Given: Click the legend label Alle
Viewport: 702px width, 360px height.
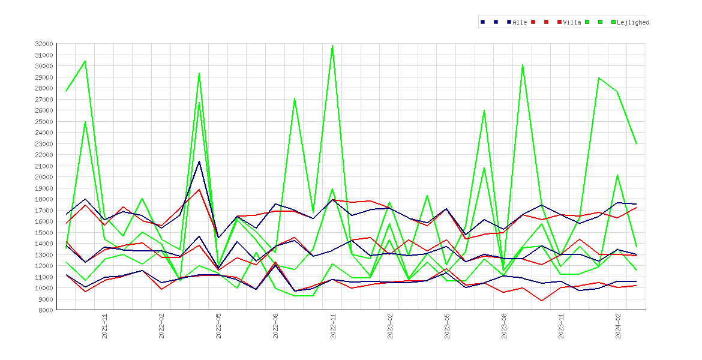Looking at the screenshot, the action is [x=520, y=22].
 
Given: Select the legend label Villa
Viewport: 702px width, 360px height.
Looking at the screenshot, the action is [x=572, y=22].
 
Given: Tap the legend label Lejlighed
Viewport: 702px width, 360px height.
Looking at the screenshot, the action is [x=633, y=22].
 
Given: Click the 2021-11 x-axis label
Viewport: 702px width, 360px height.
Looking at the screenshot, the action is [x=104, y=326].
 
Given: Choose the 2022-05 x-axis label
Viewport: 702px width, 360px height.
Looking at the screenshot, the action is [x=219, y=326].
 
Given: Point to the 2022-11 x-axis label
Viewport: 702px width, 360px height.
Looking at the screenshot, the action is [x=333, y=326].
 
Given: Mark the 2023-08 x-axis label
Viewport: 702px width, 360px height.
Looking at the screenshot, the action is [x=505, y=326].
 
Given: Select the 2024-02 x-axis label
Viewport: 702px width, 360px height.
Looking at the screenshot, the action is [x=619, y=326].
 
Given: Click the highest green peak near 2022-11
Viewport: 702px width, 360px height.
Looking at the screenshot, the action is [x=332, y=46].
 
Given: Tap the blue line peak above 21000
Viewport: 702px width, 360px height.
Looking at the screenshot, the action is [x=199, y=161].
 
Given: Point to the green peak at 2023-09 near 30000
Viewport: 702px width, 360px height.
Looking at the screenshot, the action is [x=523, y=65].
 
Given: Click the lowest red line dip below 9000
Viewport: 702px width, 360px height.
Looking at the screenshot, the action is [x=542, y=301].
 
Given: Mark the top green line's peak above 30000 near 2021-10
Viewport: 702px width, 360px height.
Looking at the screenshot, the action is [x=85, y=61].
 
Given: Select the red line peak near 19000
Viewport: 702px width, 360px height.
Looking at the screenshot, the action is [x=199, y=190].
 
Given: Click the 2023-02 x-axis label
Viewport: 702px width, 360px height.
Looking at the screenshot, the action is [x=390, y=326].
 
